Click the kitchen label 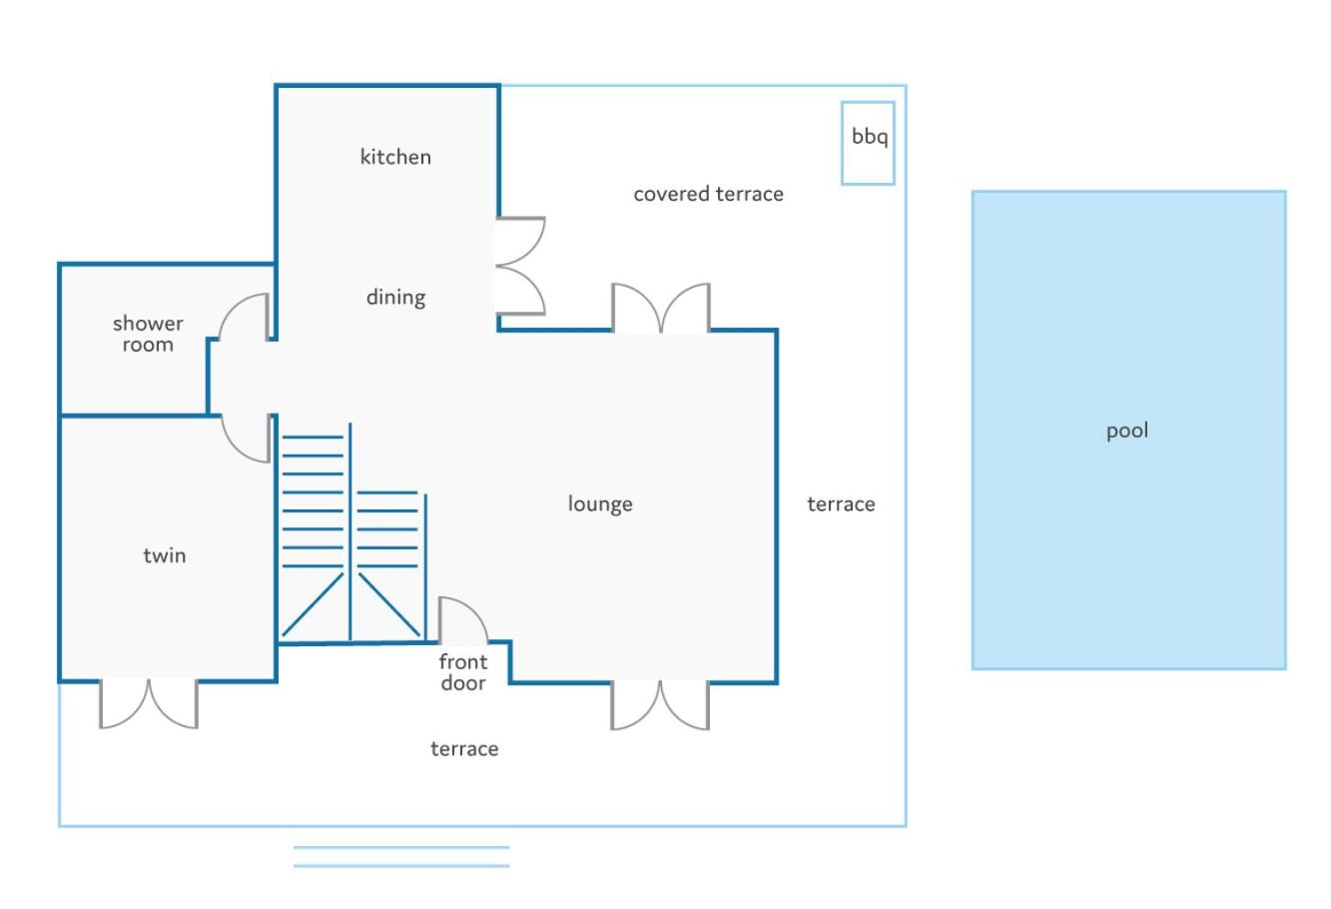pos(395,157)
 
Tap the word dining pos(395,298)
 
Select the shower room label pos(148,334)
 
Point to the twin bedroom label pos(165,555)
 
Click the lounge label pos(600,504)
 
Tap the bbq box pos(868,143)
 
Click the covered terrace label pos(708,195)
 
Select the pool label pos(1127,431)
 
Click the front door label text pos(463,672)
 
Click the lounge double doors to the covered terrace pos(661,308)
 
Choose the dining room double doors pos(521,266)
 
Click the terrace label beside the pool pos(841,504)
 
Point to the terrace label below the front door pos(464,749)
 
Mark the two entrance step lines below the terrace pos(401,857)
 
